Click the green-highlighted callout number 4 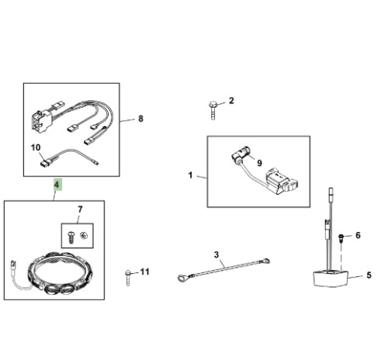pyautogui.click(x=57, y=185)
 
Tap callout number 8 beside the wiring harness pyautogui.click(x=140, y=119)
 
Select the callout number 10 pyautogui.click(x=36, y=147)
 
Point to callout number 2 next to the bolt pyautogui.click(x=231, y=101)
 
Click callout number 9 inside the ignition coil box pyautogui.click(x=259, y=163)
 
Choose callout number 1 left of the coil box pyautogui.click(x=191, y=175)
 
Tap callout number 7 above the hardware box pyautogui.click(x=80, y=209)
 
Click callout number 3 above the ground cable pyautogui.click(x=217, y=254)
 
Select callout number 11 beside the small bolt pyautogui.click(x=144, y=272)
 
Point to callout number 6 pyautogui.click(x=358, y=235)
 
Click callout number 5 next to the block pyautogui.click(x=369, y=275)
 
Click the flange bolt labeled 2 pyautogui.click(x=213, y=110)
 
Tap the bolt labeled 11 pyautogui.click(x=128, y=278)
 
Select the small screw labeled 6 pyautogui.click(x=341, y=238)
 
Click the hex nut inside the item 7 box pyautogui.click(x=83, y=236)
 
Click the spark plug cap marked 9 pyautogui.click(x=240, y=154)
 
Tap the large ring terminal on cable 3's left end pyautogui.click(x=183, y=279)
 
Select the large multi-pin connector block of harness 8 pyautogui.click(x=41, y=120)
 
